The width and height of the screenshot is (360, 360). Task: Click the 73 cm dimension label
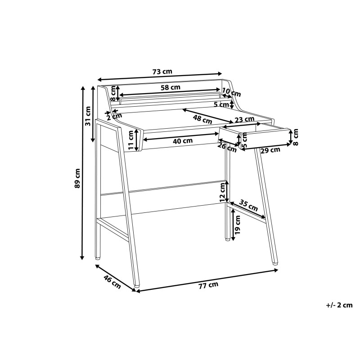162,72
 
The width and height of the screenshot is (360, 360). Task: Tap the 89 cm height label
77,178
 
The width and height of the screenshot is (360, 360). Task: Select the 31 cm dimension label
88,116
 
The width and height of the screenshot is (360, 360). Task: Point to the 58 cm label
171,87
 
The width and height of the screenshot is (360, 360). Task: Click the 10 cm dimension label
231,92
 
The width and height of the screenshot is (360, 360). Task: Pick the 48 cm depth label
202,119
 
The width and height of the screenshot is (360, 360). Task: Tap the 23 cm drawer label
244,119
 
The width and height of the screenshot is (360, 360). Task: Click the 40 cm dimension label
183,141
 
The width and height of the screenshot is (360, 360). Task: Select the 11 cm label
130,140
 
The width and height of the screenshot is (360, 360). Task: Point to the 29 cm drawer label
270,150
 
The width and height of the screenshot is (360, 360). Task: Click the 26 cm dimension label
227,148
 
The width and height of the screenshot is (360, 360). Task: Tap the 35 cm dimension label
248,205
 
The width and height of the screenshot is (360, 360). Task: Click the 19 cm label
238,225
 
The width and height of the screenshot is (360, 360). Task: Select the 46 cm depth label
112,282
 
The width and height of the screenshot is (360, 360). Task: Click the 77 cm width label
208,285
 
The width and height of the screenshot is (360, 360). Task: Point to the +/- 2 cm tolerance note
339,305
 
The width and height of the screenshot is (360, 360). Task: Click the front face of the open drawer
265,139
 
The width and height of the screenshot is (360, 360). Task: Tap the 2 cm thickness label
114,117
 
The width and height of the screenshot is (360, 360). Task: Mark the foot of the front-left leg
137,286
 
